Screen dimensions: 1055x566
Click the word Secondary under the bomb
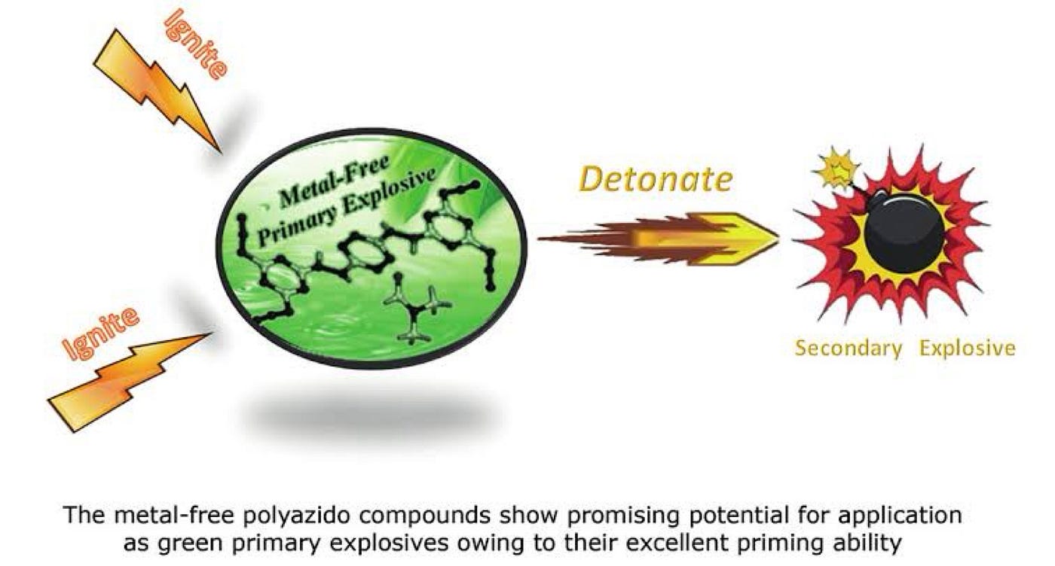coord(848,348)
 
